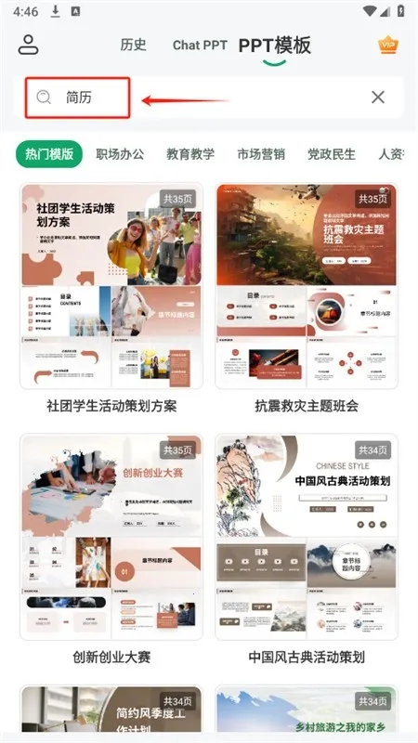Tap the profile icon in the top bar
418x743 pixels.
click(x=29, y=45)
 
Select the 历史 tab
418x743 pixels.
click(x=133, y=45)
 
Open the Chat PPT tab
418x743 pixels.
click(x=199, y=45)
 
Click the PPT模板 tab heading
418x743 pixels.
click(x=274, y=45)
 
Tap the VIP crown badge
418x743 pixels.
click(x=387, y=45)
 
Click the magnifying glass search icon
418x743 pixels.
click(x=43, y=97)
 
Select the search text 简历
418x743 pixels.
click(x=79, y=97)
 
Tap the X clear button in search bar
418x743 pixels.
click(x=378, y=97)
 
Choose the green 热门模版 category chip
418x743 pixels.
click(x=49, y=154)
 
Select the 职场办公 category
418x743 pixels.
click(x=120, y=154)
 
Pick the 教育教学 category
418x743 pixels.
click(x=190, y=154)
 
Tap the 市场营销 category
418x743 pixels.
click(x=261, y=154)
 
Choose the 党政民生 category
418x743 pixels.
click(x=332, y=154)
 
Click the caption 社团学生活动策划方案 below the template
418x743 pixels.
click(x=111, y=406)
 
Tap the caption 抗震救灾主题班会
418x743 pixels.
click(x=307, y=406)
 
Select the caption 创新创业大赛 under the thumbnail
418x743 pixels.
click(x=111, y=657)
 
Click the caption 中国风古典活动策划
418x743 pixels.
click(x=307, y=657)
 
